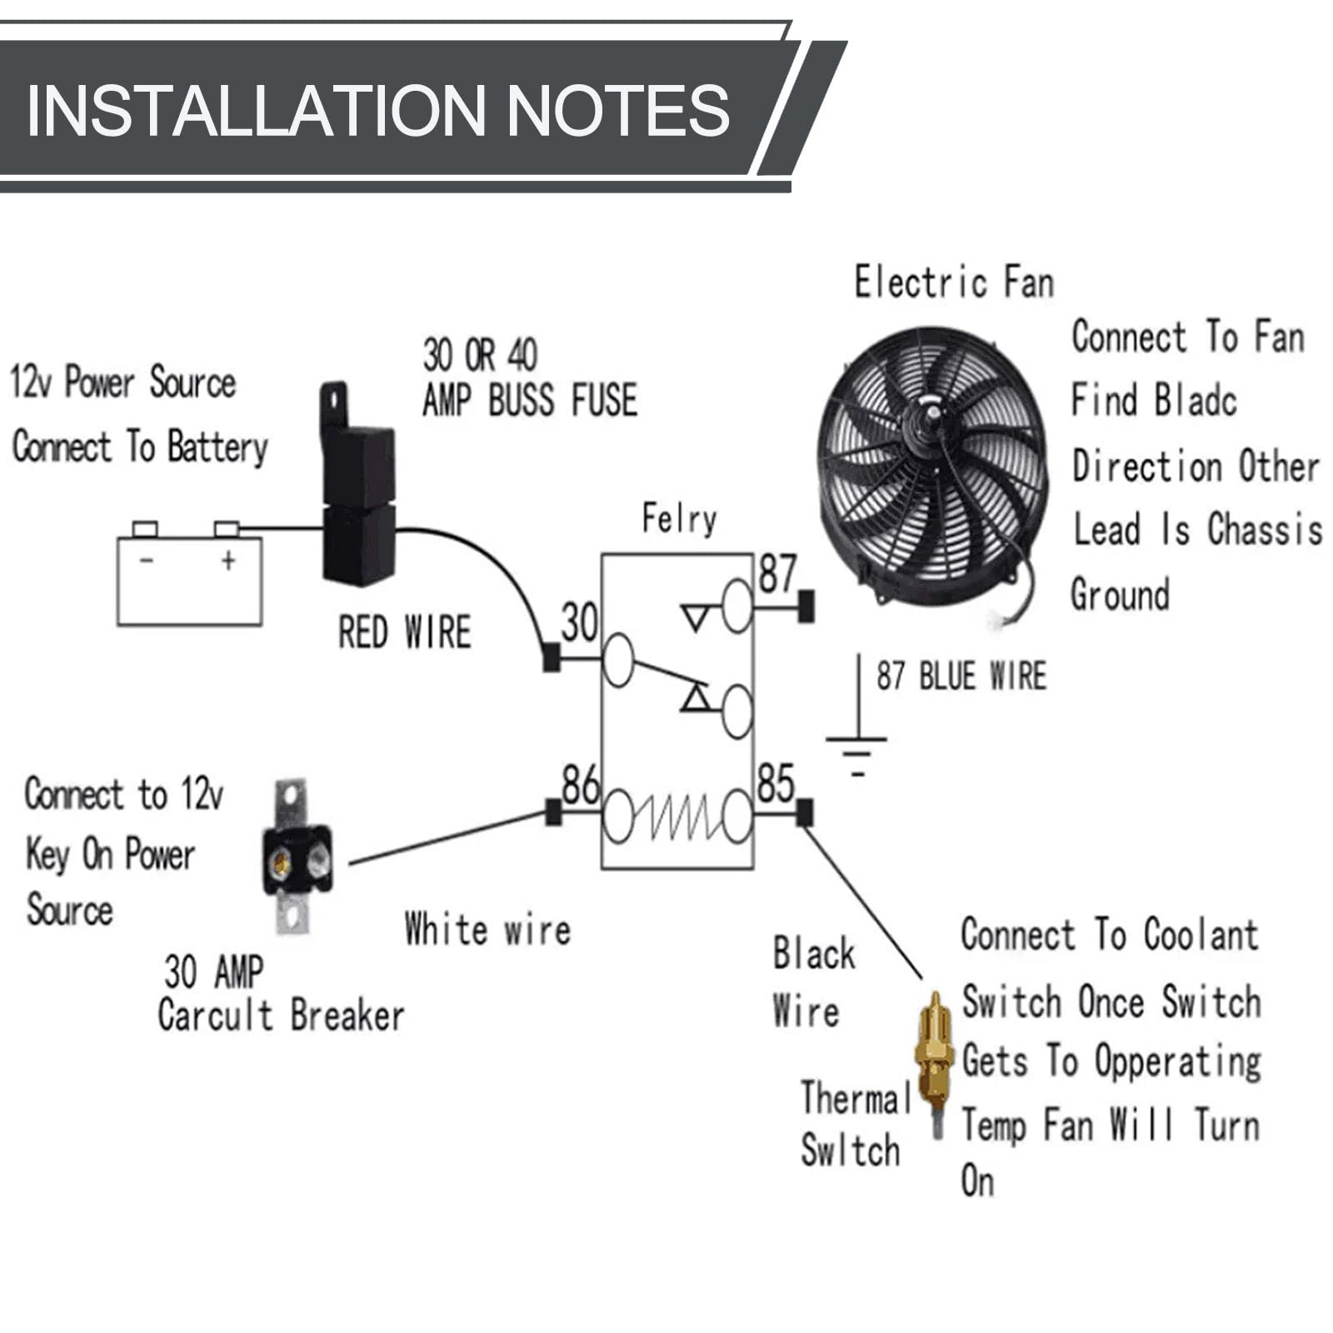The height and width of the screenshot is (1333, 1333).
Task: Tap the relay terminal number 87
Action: click(x=777, y=573)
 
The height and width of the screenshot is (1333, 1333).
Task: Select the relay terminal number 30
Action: click(x=579, y=622)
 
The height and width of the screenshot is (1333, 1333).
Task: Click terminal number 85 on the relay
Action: click(x=776, y=783)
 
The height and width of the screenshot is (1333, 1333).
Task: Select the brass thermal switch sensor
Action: click(x=935, y=1059)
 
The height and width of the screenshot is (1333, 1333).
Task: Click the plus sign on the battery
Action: click(x=228, y=561)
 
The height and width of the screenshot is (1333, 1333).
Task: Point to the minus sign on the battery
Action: click(x=147, y=561)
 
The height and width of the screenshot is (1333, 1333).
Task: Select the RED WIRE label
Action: click(x=404, y=632)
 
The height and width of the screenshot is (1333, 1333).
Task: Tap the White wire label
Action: click(x=487, y=929)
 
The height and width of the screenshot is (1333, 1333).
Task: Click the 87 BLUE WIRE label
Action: click(x=961, y=676)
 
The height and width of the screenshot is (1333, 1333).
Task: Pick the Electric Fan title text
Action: click(x=954, y=282)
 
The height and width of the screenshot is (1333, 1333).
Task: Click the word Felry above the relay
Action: click(x=678, y=519)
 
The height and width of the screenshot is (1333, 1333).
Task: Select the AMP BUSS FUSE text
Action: click(x=530, y=400)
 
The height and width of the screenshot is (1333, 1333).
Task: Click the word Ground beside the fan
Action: click(x=1120, y=595)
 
